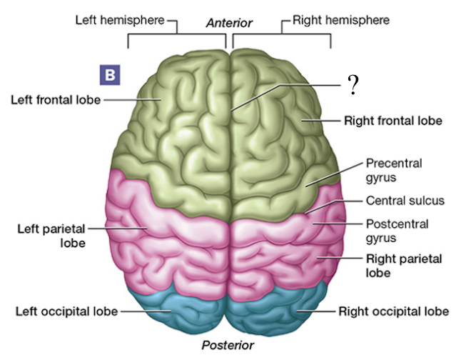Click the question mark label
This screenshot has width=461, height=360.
[x=352, y=86]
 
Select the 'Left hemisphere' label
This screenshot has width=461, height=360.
[x=120, y=20]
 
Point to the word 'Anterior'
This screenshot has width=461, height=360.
[x=229, y=23]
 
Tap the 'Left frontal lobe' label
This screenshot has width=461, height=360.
[x=55, y=99]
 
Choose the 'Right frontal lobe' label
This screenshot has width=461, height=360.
[x=393, y=121]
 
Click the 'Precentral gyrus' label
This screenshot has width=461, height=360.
[x=393, y=170]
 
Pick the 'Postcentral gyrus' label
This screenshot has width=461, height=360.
[x=397, y=230]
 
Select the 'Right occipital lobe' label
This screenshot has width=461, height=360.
[x=393, y=311]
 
